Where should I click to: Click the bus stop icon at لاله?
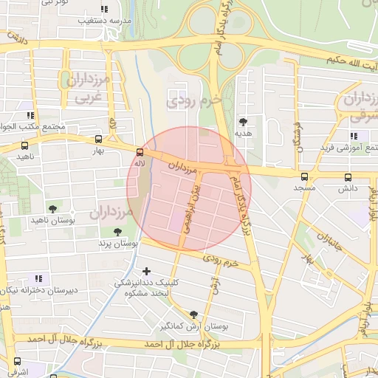[x=140, y=152]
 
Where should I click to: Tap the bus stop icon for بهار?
[x=99, y=139]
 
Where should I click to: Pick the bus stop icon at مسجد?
[x=304, y=176]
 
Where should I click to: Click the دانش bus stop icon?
[x=348, y=177]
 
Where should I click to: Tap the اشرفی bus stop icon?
[x=17, y=361]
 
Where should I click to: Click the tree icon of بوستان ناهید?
[x=52, y=209]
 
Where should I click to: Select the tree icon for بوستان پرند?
[x=117, y=232]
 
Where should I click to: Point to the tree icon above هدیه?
[x=244, y=122]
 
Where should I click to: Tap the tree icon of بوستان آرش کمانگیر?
[x=193, y=314]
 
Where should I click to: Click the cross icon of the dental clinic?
[x=146, y=272]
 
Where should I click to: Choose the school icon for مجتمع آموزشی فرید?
[x=354, y=136]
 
